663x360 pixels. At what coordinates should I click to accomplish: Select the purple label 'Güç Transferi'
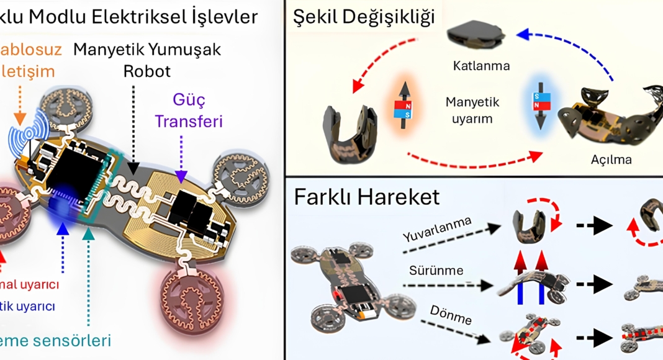click(x=188, y=110)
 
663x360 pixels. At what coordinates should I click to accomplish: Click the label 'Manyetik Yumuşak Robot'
click(x=147, y=60)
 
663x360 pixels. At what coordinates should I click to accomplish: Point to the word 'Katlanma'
click(x=481, y=65)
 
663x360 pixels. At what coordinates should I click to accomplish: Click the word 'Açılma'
click(x=611, y=160)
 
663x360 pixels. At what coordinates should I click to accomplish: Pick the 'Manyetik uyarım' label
click(x=472, y=109)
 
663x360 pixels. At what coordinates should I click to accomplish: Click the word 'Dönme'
click(x=451, y=315)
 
